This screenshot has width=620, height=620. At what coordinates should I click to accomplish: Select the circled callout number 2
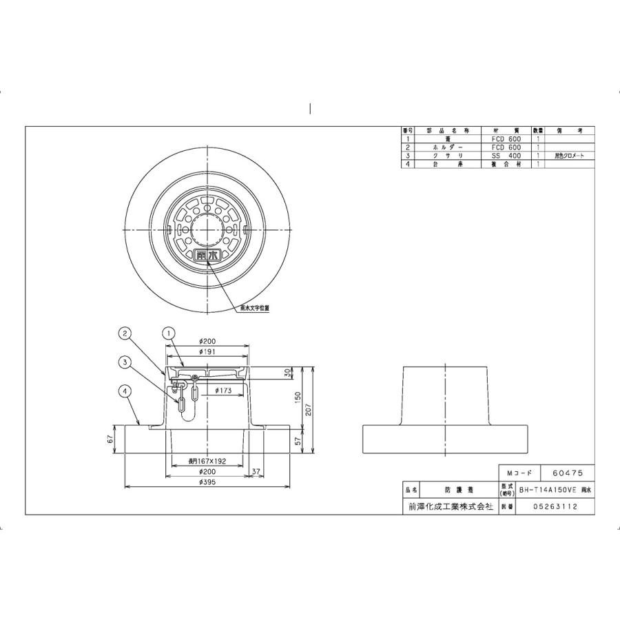125,333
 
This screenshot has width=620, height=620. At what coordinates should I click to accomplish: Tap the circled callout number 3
125,361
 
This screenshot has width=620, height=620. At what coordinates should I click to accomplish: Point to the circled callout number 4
125,391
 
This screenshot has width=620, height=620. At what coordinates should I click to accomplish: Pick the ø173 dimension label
223,391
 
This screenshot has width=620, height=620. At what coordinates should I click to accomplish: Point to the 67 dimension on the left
110,440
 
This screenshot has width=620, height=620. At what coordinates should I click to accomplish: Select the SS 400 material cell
506,156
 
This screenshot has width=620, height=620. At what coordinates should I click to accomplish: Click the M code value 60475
568,475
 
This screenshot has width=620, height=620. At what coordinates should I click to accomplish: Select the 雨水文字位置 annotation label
254,308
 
